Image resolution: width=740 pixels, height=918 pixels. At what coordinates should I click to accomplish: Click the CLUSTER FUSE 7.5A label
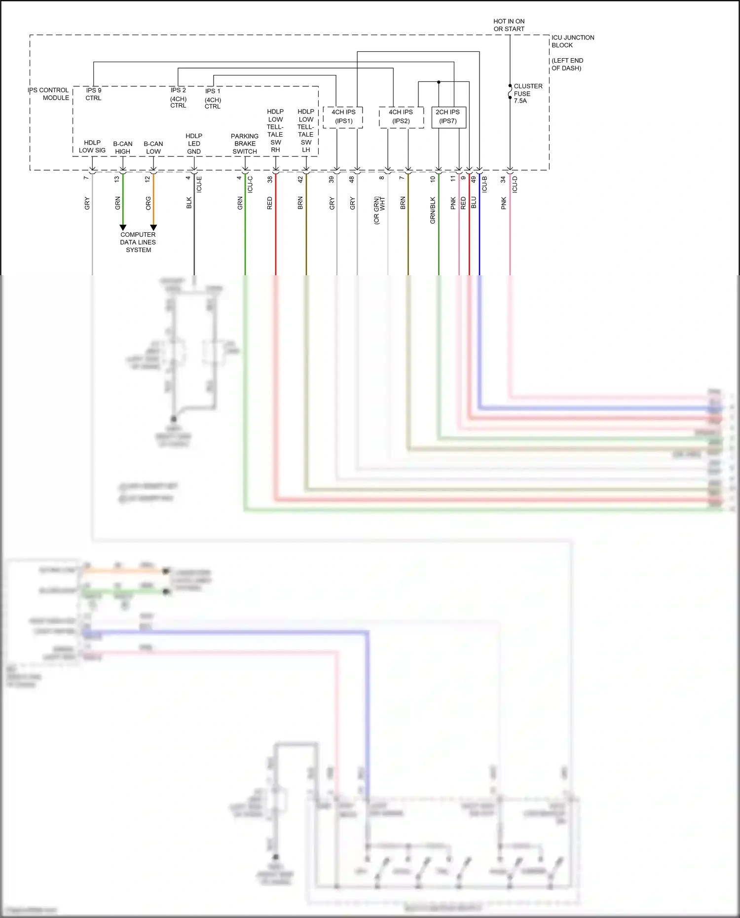pyautogui.click(x=527, y=93)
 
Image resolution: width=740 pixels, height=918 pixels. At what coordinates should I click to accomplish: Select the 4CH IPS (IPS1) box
pyautogui.click(x=343, y=117)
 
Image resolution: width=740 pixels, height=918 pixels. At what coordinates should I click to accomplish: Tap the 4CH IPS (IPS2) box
pyautogui.click(x=401, y=117)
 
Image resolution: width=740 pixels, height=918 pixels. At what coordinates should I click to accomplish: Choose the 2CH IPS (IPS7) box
pyautogui.click(x=448, y=117)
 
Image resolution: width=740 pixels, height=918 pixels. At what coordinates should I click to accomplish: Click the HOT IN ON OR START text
pyautogui.click(x=509, y=25)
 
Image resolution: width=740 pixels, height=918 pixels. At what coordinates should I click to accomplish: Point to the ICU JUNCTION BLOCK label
pyautogui.click(x=572, y=41)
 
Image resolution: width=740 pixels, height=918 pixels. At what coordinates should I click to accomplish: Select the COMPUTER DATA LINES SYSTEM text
pyautogui.click(x=138, y=242)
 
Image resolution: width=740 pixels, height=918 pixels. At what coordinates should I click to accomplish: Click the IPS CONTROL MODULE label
pyautogui.click(x=49, y=94)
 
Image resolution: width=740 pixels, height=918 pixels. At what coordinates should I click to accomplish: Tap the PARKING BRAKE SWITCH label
pyautogui.click(x=245, y=144)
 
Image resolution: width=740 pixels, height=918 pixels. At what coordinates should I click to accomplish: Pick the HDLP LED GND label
pyautogui.click(x=194, y=144)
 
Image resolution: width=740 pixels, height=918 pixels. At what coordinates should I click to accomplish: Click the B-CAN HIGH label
pyautogui.click(x=122, y=147)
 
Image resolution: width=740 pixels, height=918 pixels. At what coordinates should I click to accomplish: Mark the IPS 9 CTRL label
pyautogui.click(x=93, y=94)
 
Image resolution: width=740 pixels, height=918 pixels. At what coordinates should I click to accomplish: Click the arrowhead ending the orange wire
pyautogui.click(x=153, y=227)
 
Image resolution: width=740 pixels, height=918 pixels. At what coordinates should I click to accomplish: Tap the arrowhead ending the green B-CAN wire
pyautogui.click(x=123, y=227)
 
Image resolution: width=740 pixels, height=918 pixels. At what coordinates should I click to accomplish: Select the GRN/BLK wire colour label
pyautogui.click(x=433, y=211)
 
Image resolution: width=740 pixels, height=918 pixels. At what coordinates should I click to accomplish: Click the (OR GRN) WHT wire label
pyautogui.click(x=379, y=211)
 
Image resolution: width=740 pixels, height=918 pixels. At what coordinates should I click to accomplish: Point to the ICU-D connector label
pyautogui.click(x=515, y=184)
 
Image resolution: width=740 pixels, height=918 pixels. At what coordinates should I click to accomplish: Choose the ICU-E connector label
pyautogui.click(x=199, y=184)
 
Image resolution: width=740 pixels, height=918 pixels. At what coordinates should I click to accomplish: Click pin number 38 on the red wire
pyautogui.click(x=270, y=180)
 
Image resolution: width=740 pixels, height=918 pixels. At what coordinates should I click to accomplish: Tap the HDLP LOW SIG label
pyautogui.click(x=92, y=147)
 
